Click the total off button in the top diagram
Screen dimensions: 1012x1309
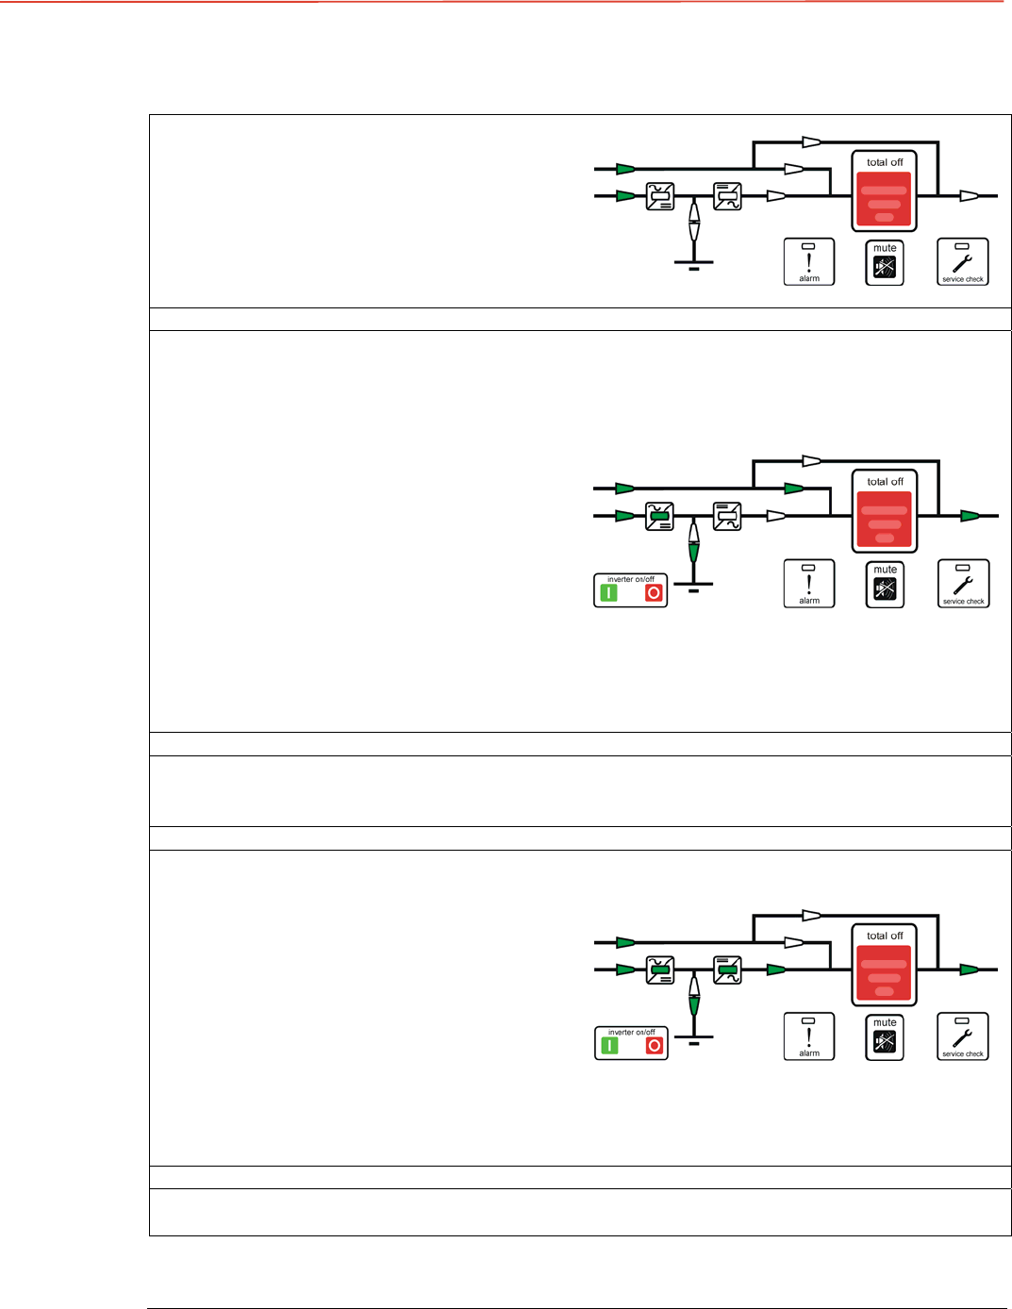pos(884,199)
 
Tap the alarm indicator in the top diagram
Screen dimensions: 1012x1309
pos(809,261)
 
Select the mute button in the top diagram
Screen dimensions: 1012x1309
pos(885,263)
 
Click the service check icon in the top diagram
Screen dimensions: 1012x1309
pos(963,261)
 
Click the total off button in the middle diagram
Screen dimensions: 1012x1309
pos(885,518)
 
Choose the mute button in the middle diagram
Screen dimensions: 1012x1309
pos(885,585)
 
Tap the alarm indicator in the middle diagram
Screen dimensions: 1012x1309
pos(809,583)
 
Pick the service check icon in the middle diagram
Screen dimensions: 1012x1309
pos(963,583)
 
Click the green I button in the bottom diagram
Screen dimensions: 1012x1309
pos(610,1046)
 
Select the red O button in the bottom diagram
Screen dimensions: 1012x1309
pos(655,1046)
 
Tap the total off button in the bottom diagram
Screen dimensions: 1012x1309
pos(885,971)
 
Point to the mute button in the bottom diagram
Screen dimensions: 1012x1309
pos(885,1037)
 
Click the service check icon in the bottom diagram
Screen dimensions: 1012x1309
pos(963,1036)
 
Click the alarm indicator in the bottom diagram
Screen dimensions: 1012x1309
pos(809,1036)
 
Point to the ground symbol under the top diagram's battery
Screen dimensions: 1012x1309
pos(694,265)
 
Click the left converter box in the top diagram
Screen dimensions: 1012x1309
pos(660,196)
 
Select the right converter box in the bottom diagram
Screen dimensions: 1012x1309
pos(727,969)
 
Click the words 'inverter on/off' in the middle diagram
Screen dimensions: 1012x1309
pos(631,579)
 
